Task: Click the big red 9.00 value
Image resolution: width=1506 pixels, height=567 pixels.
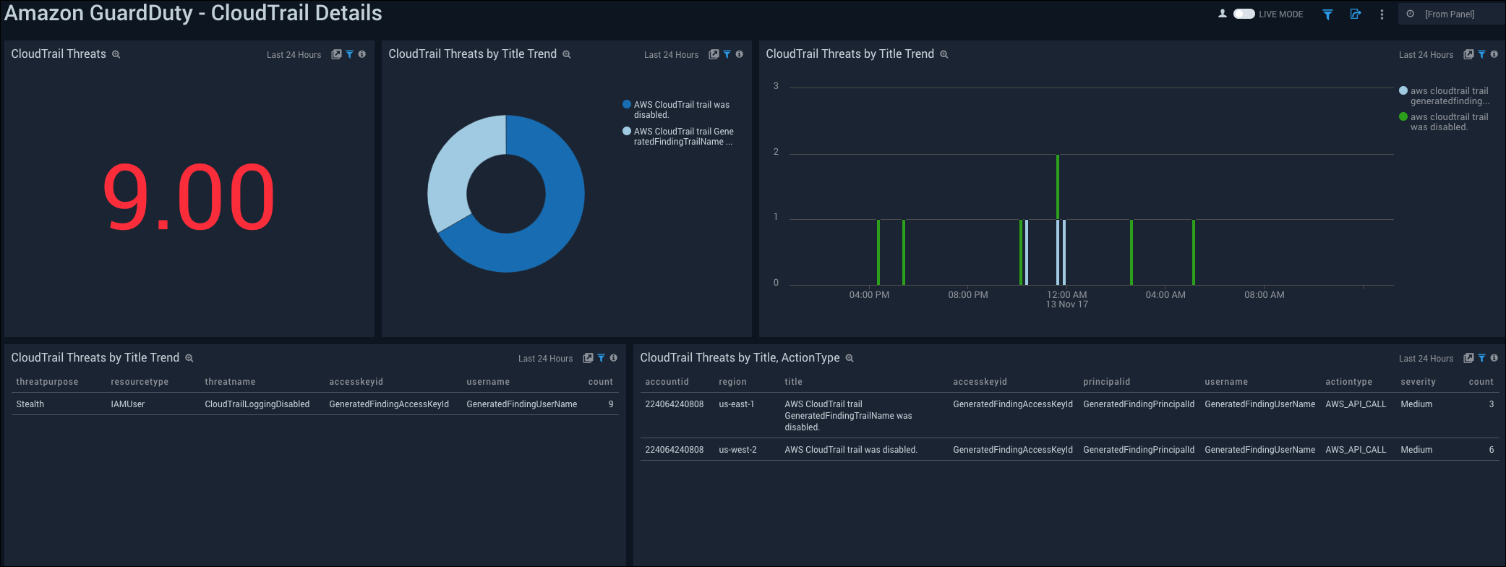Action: pos(189,197)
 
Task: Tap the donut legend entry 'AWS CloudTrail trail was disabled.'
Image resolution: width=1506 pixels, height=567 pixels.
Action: pos(681,109)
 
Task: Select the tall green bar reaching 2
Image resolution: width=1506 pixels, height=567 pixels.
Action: pos(1058,187)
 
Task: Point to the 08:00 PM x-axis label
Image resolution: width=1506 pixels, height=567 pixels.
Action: pos(967,295)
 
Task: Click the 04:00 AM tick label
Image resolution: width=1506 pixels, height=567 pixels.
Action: pos(1165,295)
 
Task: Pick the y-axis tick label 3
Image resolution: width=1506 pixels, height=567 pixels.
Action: pos(776,86)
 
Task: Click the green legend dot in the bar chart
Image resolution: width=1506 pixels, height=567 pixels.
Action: pos(1403,116)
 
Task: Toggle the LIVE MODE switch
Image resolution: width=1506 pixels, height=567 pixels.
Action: pos(1244,14)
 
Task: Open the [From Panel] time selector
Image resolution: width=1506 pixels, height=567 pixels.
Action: pos(1449,14)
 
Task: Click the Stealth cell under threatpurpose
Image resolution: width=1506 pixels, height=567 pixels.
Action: pos(30,404)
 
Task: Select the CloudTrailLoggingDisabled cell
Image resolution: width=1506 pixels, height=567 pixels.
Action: pos(257,404)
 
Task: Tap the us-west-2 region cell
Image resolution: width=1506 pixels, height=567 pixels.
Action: pos(737,450)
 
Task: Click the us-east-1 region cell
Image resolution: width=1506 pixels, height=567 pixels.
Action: pos(736,404)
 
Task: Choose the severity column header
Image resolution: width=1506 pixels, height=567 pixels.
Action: pos(1418,382)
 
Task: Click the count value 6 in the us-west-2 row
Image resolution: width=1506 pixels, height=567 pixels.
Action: pos(1491,450)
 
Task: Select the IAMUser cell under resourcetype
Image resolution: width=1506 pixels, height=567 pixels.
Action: pos(128,404)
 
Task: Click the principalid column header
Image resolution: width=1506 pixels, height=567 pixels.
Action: pos(1106,382)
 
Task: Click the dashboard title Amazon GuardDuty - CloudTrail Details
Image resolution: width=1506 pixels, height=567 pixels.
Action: pos(193,13)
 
